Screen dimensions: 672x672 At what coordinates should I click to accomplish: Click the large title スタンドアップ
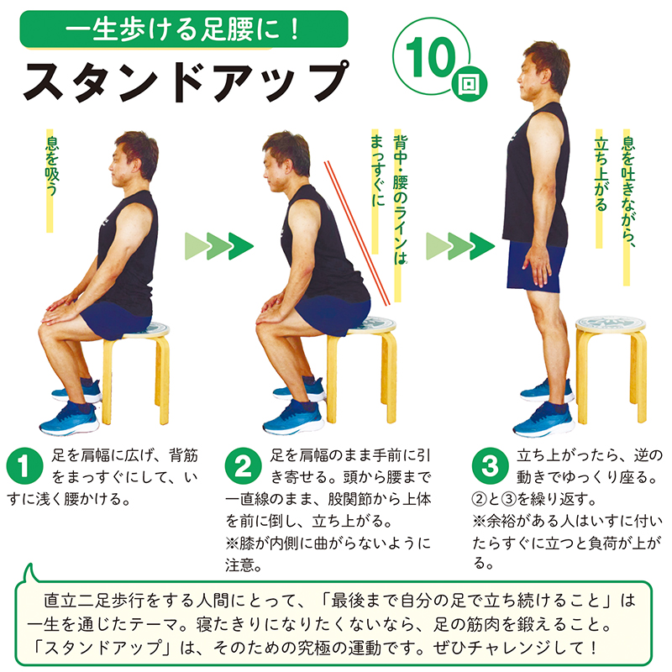[x=186, y=81]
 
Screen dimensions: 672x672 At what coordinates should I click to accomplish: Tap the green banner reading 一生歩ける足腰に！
[x=184, y=29]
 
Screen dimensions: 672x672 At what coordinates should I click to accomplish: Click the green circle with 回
[x=470, y=83]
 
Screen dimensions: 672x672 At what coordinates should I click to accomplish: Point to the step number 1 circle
[x=25, y=466]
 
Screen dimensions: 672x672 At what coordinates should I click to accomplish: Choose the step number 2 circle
[x=243, y=466]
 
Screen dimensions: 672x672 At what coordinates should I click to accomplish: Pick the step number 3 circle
[x=490, y=466]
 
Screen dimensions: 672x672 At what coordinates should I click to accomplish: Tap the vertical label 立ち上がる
[x=601, y=174]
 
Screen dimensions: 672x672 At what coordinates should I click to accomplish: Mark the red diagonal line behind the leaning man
[x=357, y=234]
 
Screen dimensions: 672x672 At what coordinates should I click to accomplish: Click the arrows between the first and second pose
[x=219, y=246]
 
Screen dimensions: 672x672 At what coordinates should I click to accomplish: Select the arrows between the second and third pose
[x=460, y=246]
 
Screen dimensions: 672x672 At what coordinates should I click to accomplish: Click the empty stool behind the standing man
[x=611, y=369]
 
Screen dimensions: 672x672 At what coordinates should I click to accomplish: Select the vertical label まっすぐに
[x=377, y=171]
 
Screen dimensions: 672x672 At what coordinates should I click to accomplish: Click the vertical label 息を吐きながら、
[x=627, y=192]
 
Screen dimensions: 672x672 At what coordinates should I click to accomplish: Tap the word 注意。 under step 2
[x=244, y=565]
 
